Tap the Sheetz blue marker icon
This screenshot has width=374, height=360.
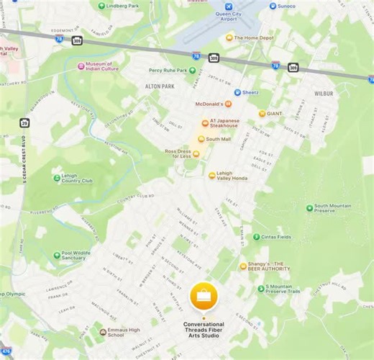pos(237,92)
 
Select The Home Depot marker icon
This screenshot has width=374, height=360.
pos(229,38)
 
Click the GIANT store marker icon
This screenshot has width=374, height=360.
pos(262,113)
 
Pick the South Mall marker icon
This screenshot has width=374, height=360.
pos(201,139)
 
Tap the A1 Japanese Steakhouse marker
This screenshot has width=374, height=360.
pos(204,123)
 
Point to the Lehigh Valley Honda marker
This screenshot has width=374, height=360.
pos(211,175)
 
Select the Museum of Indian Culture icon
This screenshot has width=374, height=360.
pos(81,66)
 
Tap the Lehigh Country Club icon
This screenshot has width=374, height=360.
pos(57,179)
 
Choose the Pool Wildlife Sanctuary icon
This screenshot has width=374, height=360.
pos(56,255)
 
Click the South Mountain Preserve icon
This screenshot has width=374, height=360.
pos(309,208)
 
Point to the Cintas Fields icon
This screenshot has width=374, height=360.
pos(256,236)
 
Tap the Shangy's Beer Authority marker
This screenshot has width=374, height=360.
pos(243,266)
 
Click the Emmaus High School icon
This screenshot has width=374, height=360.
pos(102,333)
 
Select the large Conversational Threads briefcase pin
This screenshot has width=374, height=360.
pos(204,296)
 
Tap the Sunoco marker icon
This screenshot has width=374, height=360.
pos(273,6)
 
